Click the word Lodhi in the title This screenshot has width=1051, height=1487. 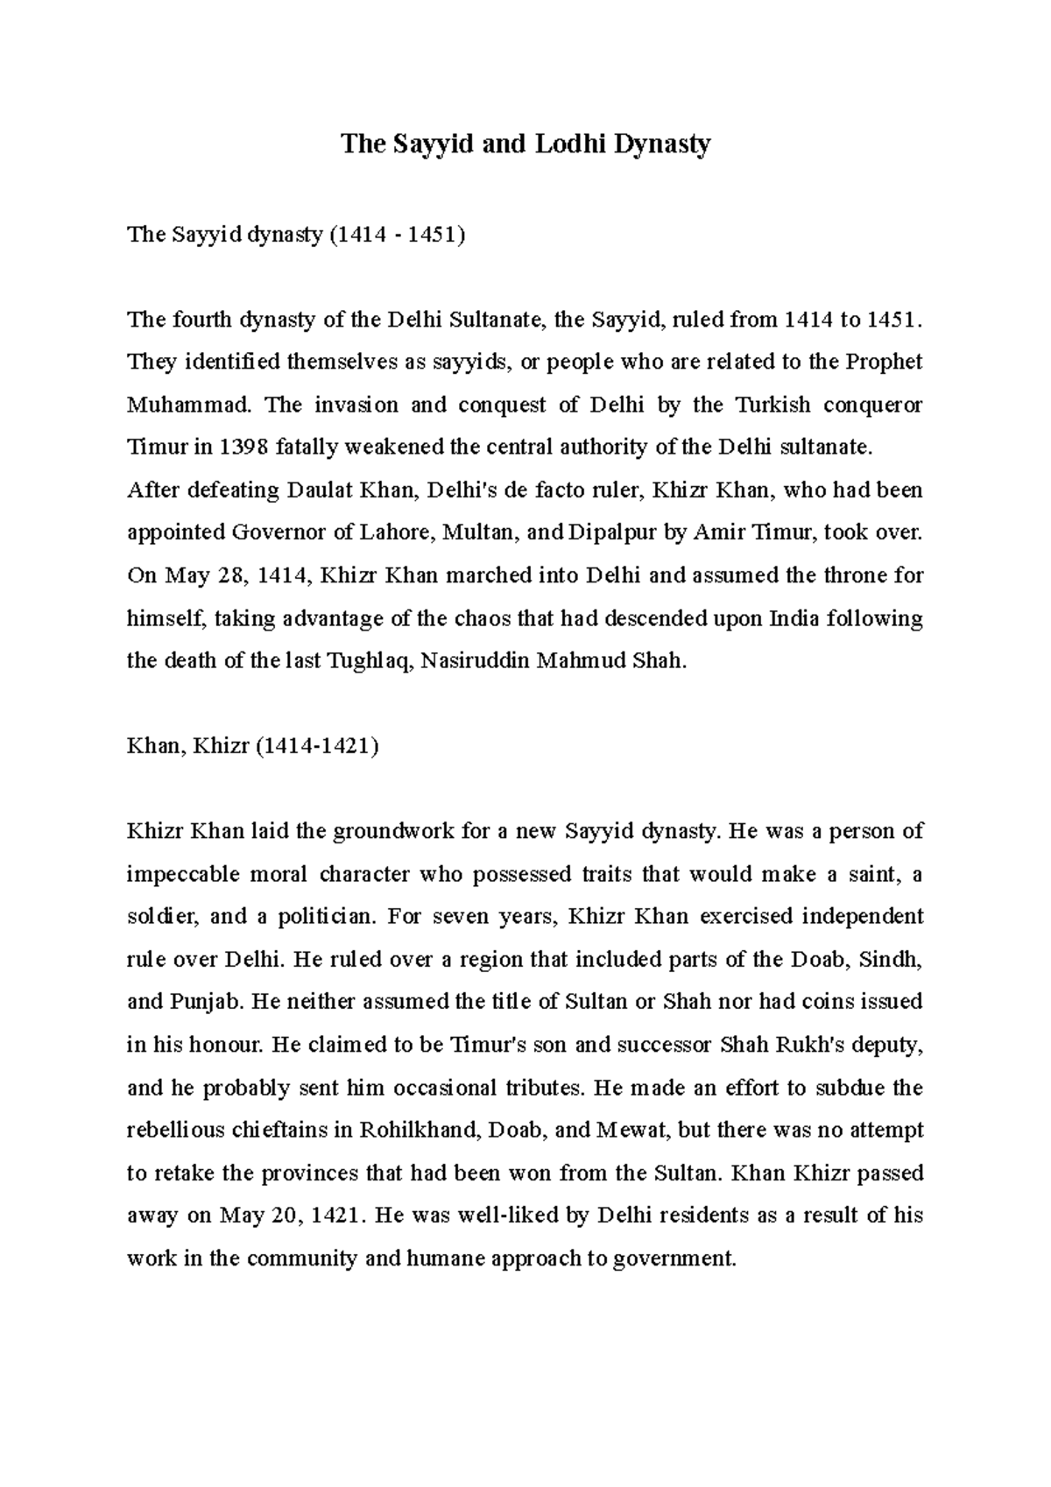tap(560, 144)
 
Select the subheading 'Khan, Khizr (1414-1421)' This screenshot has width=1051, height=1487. tap(253, 746)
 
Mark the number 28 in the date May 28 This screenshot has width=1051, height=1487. tap(241, 575)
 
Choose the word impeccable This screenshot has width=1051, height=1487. tap(178, 874)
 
